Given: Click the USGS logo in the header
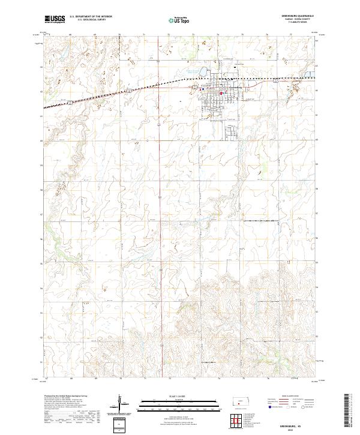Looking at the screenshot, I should click(x=55, y=20).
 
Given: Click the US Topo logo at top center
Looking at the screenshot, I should click(x=181, y=20).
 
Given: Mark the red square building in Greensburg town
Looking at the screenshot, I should click(x=221, y=92).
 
